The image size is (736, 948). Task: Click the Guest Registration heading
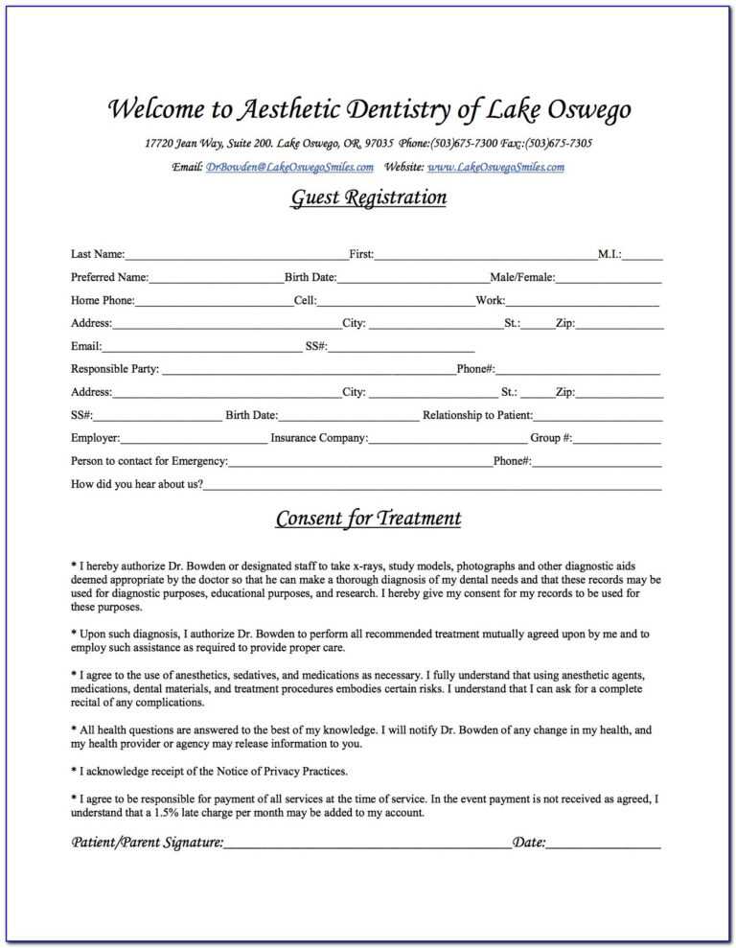click(368, 198)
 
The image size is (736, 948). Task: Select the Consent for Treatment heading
click(368, 520)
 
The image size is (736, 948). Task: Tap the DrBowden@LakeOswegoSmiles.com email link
click(289, 167)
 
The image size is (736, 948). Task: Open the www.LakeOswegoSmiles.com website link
click(495, 167)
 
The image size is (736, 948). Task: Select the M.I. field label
click(609, 254)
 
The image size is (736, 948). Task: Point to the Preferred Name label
click(109, 277)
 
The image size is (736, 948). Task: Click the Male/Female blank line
click(609, 279)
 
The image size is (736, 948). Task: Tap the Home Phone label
click(103, 300)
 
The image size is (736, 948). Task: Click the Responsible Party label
click(115, 369)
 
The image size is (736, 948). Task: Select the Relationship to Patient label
click(477, 415)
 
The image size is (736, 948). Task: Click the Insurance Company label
click(319, 438)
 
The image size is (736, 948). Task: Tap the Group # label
click(551, 438)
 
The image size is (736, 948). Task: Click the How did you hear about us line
click(431, 486)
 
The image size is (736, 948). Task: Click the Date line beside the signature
click(604, 845)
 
